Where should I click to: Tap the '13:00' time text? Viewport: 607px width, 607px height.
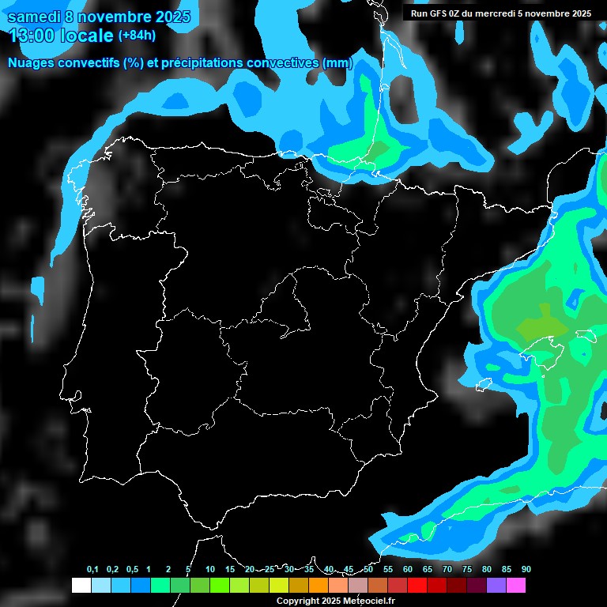point(32,36)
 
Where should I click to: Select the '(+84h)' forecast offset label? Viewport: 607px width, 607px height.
point(137,35)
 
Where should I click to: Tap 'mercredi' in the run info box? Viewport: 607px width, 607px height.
point(500,13)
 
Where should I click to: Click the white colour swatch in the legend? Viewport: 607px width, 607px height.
point(81,586)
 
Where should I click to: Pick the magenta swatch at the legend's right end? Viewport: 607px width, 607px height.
point(515,586)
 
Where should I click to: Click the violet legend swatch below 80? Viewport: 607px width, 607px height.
point(496,586)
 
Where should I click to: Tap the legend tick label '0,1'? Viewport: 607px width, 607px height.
point(92,570)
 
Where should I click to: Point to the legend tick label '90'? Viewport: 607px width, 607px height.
point(526,570)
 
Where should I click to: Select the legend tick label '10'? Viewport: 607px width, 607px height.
point(209,570)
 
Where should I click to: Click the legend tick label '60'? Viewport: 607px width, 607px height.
point(408,570)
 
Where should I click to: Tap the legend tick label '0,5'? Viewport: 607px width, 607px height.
point(132,570)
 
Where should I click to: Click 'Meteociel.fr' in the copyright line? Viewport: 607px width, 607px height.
point(369,601)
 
